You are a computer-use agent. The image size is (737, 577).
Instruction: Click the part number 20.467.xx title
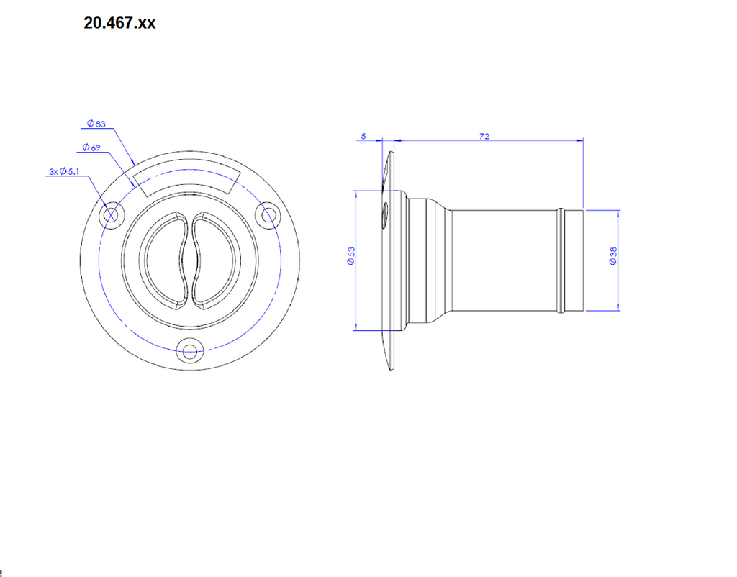119,23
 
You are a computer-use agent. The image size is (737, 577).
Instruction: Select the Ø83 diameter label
96,124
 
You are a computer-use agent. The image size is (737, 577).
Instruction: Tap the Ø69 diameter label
91,147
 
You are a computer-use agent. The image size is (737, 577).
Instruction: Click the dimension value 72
484,136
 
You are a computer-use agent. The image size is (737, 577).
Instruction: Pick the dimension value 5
363,136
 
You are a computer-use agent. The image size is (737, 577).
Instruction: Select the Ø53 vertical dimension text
351,258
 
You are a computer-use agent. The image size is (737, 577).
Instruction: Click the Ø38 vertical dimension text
612,258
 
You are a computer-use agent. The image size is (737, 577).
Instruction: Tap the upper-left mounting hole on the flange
112,214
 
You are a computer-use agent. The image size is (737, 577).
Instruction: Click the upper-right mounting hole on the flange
269,214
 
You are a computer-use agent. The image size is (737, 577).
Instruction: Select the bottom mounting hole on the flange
190,352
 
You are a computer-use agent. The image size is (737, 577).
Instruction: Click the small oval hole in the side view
386,214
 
